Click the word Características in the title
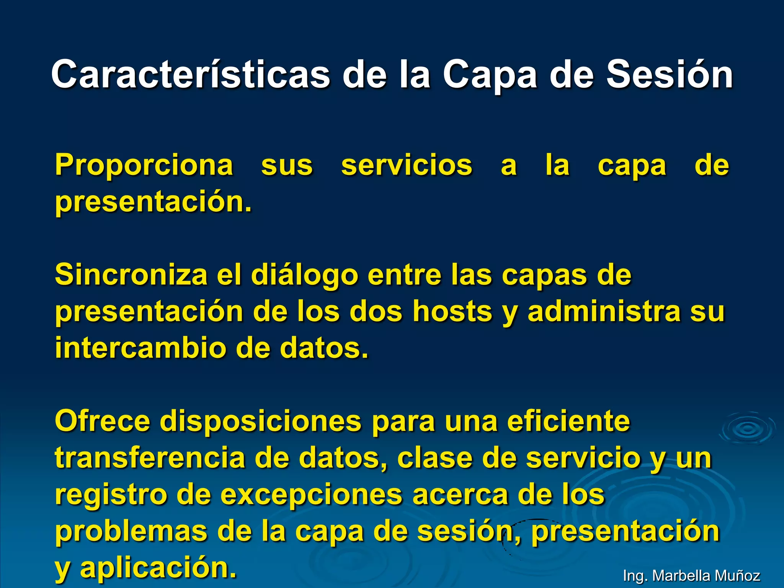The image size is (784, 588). [x=190, y=75]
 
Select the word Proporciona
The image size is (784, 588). [x=144, y=165]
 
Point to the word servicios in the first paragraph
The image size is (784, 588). [x=407, y=165]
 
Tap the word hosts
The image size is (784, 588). [x=452, y=312]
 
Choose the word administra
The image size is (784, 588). [x=604, y=312]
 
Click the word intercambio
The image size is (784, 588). [x=140, y=348]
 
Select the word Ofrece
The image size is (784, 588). [x=102, y=421]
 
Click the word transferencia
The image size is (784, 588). [x=150, y=458]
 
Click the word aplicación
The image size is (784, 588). [x=158, y=568]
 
